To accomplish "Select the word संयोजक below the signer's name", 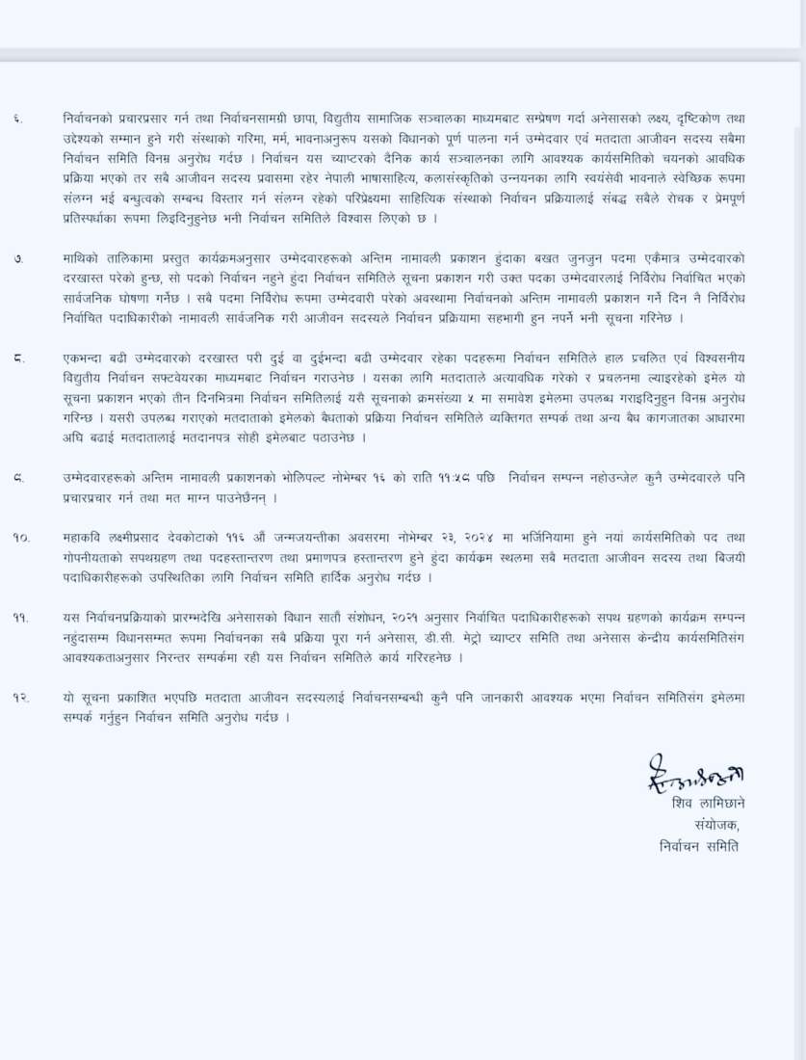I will coord(718,826).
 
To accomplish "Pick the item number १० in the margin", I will coord(20,537).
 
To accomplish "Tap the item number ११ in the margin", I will coord(20,616).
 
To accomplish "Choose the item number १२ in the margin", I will coord(20,696).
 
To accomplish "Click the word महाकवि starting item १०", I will coord(86,537).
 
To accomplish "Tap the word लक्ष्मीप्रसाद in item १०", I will coord(146,537).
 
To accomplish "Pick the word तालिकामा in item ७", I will coord(123,260).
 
